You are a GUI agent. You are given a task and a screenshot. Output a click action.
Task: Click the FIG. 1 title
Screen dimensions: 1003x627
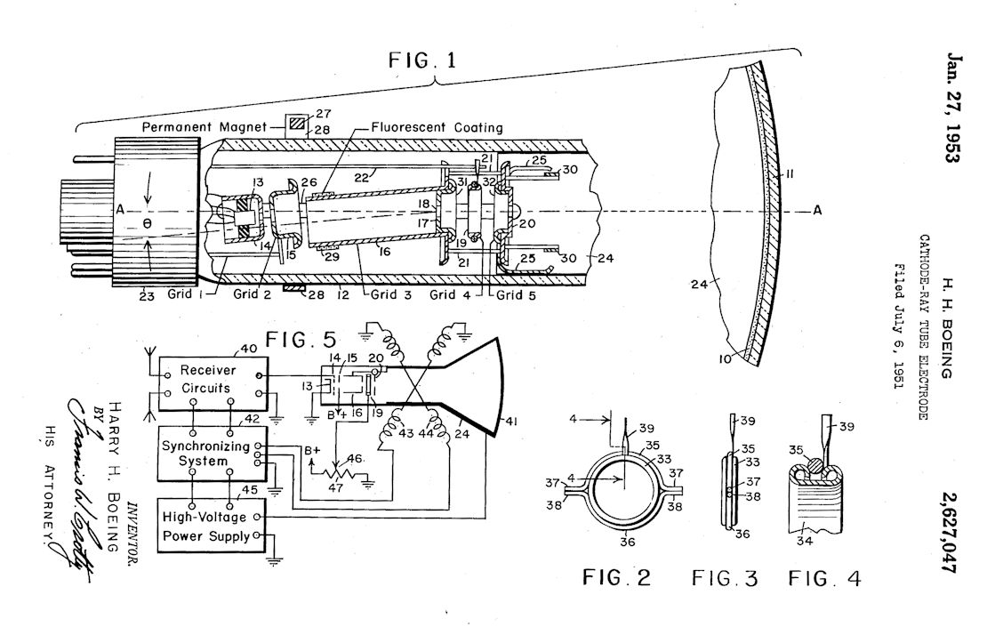pos(423,60)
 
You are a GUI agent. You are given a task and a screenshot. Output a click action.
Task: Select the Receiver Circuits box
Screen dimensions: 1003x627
pos(213,384)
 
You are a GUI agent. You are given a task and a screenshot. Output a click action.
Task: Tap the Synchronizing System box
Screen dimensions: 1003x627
pos(213,454)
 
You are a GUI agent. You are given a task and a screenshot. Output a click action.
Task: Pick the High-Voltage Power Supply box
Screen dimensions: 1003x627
pos(212,526)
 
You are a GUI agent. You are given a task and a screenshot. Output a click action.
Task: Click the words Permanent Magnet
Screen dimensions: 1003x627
pos(204,126)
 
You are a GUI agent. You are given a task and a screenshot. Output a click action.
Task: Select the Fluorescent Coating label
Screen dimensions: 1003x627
pos(437,127)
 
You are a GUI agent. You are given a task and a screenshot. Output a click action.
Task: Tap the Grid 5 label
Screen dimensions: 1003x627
pos(518,295)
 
